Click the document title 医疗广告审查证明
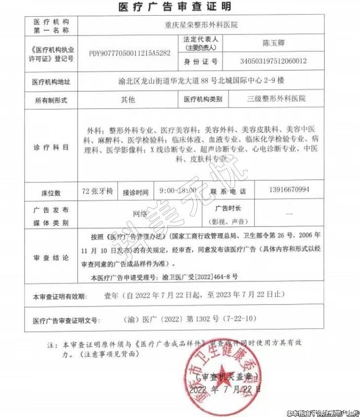(175, 6)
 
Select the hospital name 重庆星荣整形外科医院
(200, 25)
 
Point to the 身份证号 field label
(200, 62)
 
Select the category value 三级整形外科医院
(276, 99)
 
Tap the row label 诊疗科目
(51, 147)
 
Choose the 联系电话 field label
(228, 191)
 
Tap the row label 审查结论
(51, 257)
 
